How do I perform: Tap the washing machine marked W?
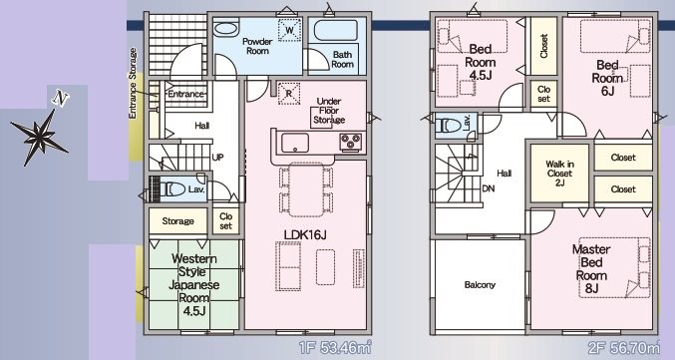coord(289,30)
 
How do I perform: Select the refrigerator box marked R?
coord(289,94)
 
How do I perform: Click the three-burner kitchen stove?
coord(350,142)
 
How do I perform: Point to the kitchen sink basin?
coord(295,143)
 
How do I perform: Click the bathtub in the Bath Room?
coord(336,31)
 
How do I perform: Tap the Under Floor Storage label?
coord(329,111)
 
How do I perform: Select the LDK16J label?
coord(305,234)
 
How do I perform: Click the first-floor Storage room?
coord(177,221)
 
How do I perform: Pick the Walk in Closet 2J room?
coord(559,174)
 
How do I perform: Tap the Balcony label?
coord(480,284)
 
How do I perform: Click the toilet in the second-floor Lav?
coord(448,126)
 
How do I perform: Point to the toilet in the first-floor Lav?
coord(173,188)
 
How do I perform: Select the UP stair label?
coord(217,158)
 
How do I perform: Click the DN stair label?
coord(489,188)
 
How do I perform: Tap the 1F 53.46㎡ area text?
coord(335,347)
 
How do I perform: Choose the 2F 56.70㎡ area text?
coord(624,347)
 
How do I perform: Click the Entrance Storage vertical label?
coord(133,83)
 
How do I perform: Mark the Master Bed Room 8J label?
coord(591,268)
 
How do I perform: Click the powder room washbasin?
coord(225,30)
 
